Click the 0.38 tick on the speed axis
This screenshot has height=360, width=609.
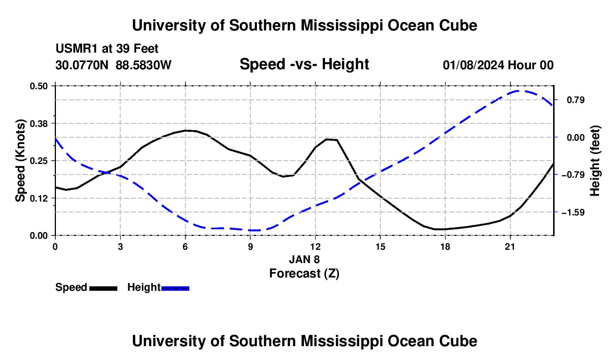pyautogui.click(x=39, y=124)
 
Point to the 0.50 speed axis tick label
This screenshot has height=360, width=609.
pyautogui.click(x=39, y=86)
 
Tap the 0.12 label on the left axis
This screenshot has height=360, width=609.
pyautogui.click(x=39, y=198)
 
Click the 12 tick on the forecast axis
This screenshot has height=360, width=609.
pyautogui.click(x=316, y=246)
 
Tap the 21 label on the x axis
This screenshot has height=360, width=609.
pyautogui.click(x=510, y=246)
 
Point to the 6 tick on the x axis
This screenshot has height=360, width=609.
pyautogui.click(x=185, y=246)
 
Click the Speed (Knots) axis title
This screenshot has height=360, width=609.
pyautogui.click(x=20, y=161)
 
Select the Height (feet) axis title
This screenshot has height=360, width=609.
pyautogui.click(x=595, y=161)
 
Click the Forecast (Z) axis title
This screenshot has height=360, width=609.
pyautogui.click(x=304, y=274)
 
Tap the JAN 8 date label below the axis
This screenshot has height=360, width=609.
pyautogui.click(x=304, y=259)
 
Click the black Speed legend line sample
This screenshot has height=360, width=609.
pyautogui.click(x=104, y=288)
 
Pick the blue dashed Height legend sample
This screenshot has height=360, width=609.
pyautogui.click(x=175, y=288)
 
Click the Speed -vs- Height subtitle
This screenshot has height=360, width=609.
pyautogui.click(x=304, y=64)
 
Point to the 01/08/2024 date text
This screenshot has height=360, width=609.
pyautogui.click(x=473, y=65)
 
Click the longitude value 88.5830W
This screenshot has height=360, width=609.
pyautogui.click(x=143, y=65)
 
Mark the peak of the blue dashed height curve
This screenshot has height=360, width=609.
pyautogui.click(x=519, y=91)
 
